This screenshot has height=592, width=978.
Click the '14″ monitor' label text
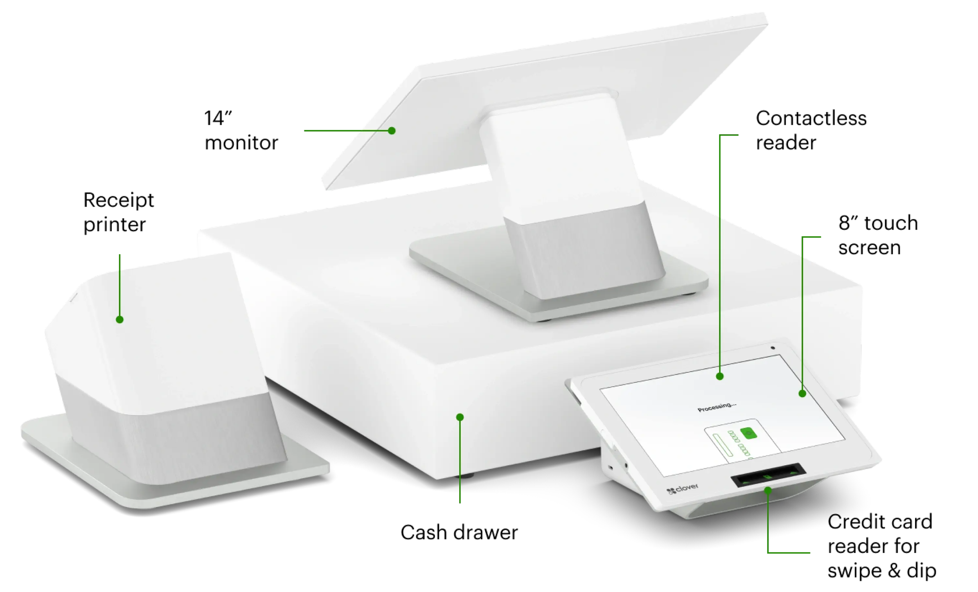[241, 130]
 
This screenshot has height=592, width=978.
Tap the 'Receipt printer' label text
[118, 212]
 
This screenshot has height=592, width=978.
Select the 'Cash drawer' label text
[459, 533]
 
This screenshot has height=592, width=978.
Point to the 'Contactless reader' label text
[811, 130]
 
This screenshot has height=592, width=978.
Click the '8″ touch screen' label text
[878, 235]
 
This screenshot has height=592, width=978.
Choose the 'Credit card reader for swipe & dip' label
[882, 546]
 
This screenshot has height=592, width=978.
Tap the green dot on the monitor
[392, 131]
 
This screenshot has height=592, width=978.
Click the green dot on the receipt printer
[119, 320]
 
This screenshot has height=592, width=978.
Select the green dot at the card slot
[768, 491]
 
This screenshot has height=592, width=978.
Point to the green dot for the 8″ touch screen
[802, 394]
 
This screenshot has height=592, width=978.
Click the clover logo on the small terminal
[682, 489]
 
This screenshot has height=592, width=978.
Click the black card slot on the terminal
[768, 475]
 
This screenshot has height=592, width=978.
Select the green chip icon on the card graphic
[749, 433]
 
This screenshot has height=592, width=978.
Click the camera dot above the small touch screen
[772, 348]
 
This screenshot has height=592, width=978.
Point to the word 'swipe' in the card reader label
[854, 570]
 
